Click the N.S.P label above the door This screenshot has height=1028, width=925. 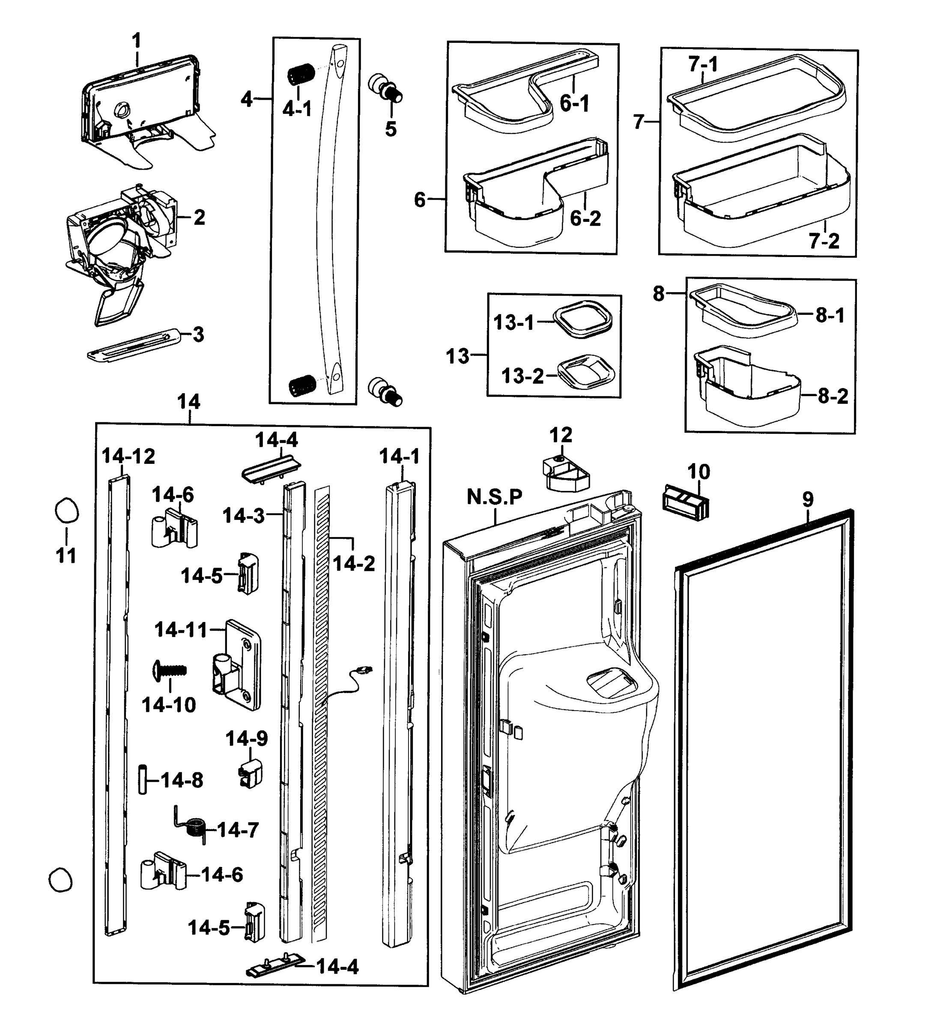point(494,497)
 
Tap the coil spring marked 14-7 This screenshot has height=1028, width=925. point(194,829)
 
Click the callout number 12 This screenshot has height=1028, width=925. point(561,435)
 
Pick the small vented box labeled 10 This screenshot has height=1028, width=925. point(685,502)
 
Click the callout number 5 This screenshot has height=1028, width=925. point(390,129)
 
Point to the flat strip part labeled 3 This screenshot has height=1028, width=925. point(133,345)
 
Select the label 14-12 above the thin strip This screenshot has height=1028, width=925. point(128,457)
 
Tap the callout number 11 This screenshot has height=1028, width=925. point(66,556)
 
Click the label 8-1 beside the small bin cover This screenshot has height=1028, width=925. point(830,316)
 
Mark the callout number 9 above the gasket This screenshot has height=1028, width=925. point(808,499)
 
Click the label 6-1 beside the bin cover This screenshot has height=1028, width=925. point(574,104)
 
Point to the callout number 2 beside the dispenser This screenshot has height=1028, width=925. point(199,218)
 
